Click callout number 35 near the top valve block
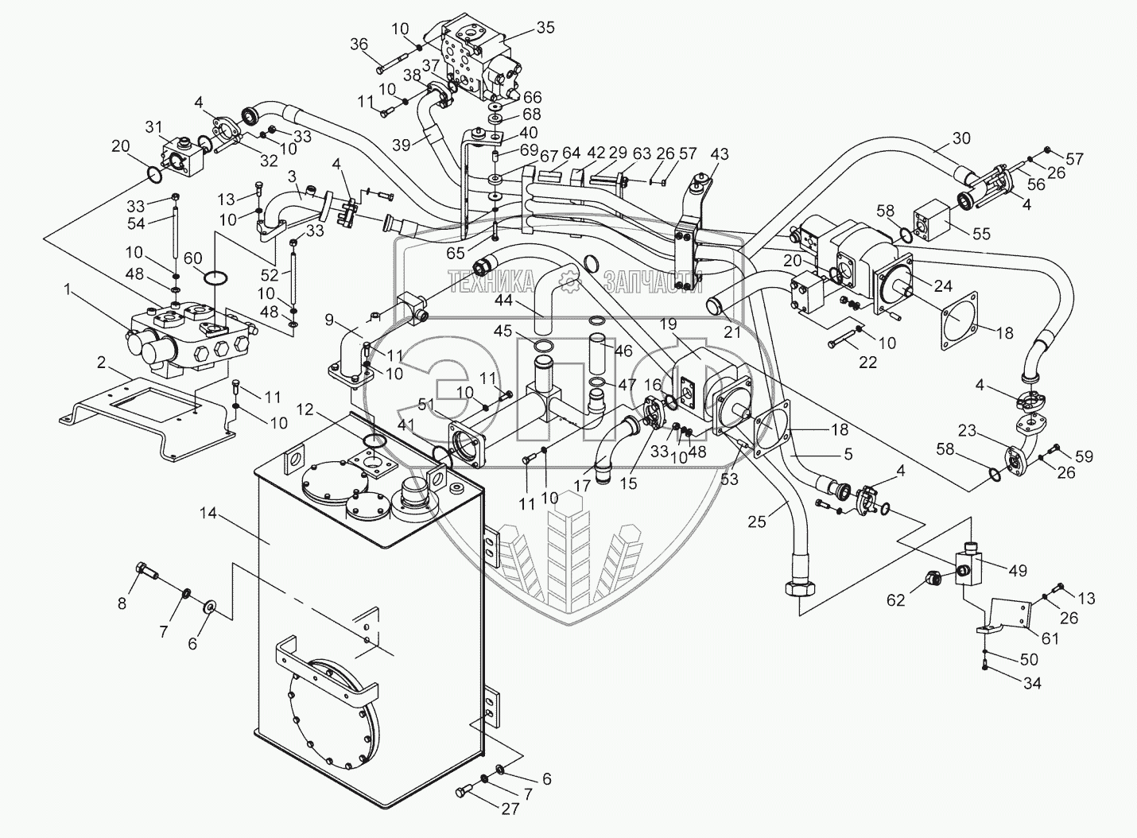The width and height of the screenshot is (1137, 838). point(546,27)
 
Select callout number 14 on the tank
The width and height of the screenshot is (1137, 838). point(208,514)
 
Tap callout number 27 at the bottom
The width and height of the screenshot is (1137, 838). point(510,809)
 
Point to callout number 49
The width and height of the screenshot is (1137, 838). point(1018,571)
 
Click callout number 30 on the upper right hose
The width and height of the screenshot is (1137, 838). point(961,138)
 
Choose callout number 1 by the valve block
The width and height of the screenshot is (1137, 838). point(68,289)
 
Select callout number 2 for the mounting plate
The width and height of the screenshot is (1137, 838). point(102,363)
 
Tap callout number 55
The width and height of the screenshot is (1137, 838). point(981,234)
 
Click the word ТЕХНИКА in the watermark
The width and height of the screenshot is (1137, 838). point(491,281)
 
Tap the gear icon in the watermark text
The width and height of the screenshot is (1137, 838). point(569,281)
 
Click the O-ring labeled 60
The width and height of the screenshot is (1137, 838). point(215,278)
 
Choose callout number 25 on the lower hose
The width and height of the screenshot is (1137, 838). point(756,522)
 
